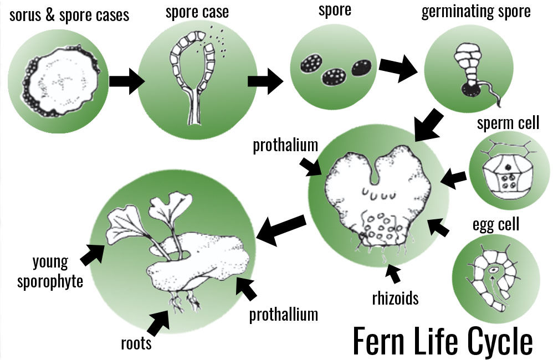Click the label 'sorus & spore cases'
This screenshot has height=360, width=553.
coord(69,15)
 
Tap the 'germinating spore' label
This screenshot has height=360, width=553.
coord(475,12)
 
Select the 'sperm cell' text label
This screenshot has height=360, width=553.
coord(508,123)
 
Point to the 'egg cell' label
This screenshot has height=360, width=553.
coord(495,224)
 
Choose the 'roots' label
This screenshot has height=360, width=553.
coord(136,343)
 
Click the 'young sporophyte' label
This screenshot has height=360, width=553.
coord(49,271)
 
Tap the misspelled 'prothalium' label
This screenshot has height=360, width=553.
coord(285,146)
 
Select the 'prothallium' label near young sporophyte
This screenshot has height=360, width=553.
coord(283,315)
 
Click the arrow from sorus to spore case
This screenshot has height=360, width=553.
coord(127,81)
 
